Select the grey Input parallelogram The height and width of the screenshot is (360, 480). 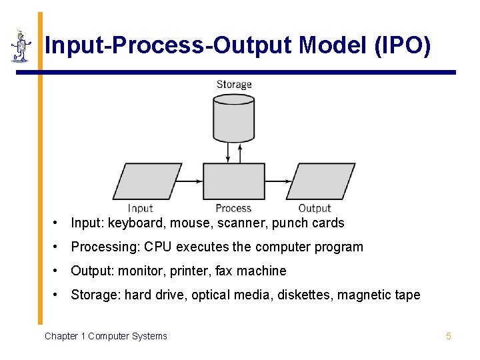(147, 181)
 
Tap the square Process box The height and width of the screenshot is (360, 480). (233, 181)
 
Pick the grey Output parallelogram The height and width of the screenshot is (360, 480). (321, 181)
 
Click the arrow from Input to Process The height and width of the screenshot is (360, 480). (192, 181)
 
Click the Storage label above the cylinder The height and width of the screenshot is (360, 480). (234, 85)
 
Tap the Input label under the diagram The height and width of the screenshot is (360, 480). (141, 208)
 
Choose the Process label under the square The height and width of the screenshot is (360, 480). (233, 208)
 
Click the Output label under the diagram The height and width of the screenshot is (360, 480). (315, 208)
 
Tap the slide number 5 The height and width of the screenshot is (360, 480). (449, 336)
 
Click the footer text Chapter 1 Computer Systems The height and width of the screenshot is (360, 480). (106, 336)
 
